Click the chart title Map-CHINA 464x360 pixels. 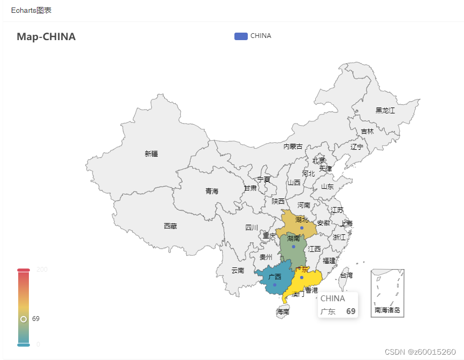pyautogui.click(x=46, y=37)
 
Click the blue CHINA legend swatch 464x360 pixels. pyautogui.click(x=241, y=36)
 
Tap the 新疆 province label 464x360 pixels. pyautogui.click(x=151, y=154)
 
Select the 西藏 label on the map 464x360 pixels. pyautogui.click(x=170, y=226)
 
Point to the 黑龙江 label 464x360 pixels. pyautogui.click(x=385, y=111)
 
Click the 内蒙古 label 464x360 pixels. pyautogui.click(x=293, y=147)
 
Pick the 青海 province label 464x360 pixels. pyautogui.click(x=212, y=191)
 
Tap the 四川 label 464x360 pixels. pyautogui.click(x=252, y=227)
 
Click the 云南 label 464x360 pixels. pyautogui.click(x=238, y=271)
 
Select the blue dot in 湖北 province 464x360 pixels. pyautogui.click(x=302, y=228)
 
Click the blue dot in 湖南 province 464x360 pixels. pyautogui.click(x=293, y=247)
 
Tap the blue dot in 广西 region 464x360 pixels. pyautogui.click(x=275, y=285)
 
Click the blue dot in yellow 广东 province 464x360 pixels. pyautogui.click(x=302, y=277)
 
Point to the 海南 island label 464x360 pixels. pyautogui.click(x=283, y=311)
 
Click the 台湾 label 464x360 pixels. pyautogui.click(x=346, y=275)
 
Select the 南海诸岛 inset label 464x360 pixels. pyautogui.click(x=387, y=310)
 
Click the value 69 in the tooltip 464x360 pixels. pyautogui.click(x=351, y=311)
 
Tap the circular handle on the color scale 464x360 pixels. pyautogui.click(x=24, y=319)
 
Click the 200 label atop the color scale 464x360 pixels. pyautogui.click(x=42, y=270)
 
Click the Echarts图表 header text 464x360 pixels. pyautogui.click(x=31, y=11)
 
